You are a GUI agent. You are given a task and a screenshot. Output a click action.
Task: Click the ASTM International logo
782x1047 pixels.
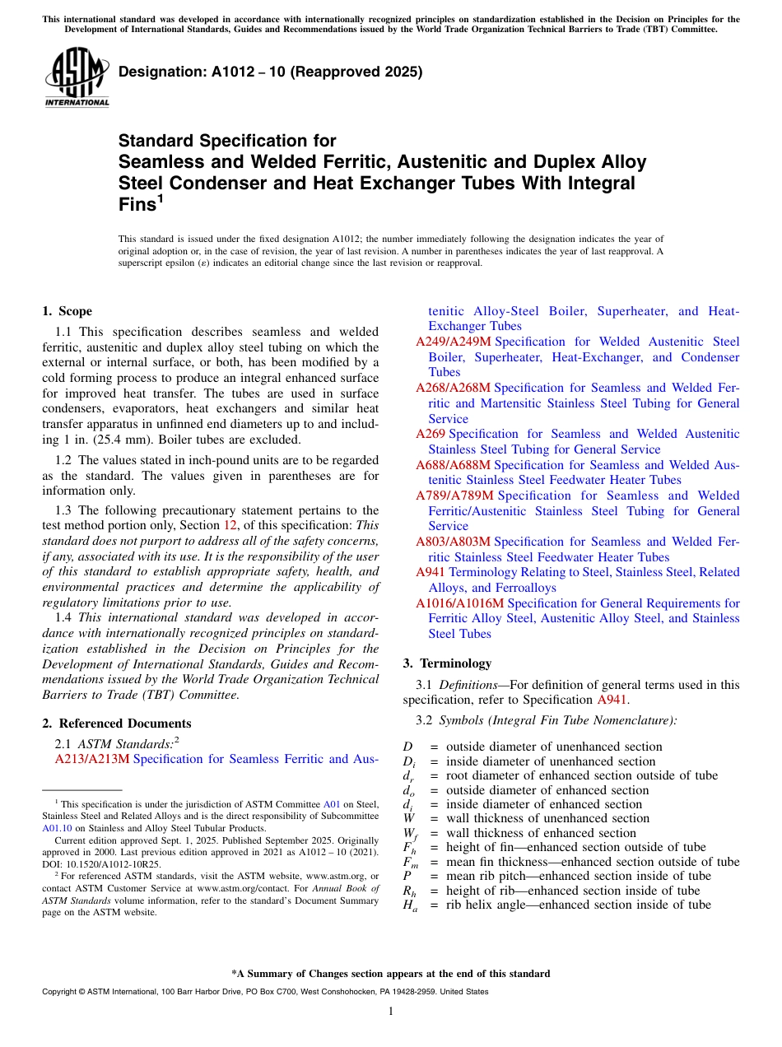tap(77, 77)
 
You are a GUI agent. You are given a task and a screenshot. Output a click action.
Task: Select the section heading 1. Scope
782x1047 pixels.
tap(67, 311)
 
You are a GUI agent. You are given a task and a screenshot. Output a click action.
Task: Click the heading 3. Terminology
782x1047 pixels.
tap(447, 663)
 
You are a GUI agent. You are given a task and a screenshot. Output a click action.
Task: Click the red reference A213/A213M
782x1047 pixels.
tap(91, 759)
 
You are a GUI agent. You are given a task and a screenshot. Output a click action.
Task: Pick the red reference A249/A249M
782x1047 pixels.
tap(453, 342)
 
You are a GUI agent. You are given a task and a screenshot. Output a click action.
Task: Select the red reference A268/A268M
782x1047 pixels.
tap(453, 388)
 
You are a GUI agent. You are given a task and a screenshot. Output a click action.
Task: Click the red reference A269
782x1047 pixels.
tap(430, 434)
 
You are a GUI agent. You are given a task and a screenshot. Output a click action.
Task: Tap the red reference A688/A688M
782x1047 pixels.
tap(453, 465)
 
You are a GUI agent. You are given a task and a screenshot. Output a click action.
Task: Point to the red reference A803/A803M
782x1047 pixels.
tap(453, 542)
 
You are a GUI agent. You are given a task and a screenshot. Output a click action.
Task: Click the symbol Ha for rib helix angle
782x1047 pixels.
tap(409, 905)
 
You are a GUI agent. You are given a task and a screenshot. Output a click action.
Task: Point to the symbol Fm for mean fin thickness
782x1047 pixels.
tap(409, 863)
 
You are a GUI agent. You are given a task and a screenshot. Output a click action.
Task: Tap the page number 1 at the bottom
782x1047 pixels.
tap(391, 1012)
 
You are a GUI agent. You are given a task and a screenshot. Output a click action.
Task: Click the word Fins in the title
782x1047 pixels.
tap(137, 205)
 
